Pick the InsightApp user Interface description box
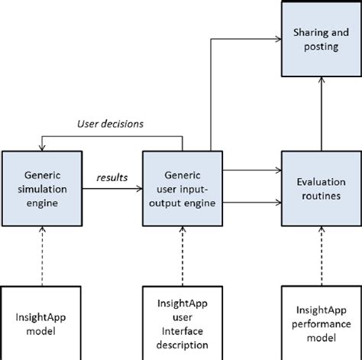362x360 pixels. pos(182,321)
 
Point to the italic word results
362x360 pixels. pos(112,177)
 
